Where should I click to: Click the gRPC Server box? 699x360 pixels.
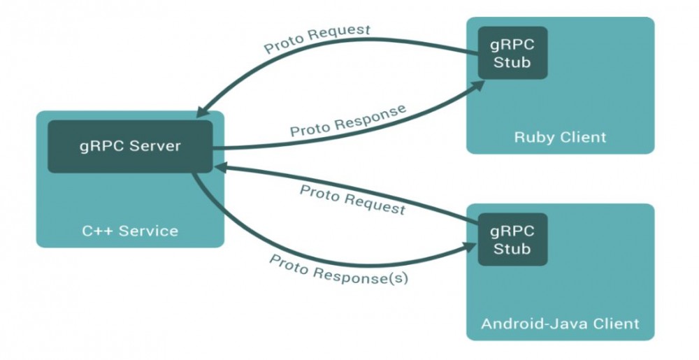coord(130,146)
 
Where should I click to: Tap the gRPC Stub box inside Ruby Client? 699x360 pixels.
coord(512,52)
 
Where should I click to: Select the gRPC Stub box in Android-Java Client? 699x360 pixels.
coord(512,239)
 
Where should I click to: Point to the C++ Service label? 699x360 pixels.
coord(130,231)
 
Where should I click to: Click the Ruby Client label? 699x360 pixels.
coord(560,136)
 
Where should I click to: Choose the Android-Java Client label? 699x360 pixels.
coord(560,324)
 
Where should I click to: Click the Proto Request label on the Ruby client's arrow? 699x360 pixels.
coord(317,40)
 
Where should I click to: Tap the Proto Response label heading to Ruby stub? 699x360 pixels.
coord(348,120)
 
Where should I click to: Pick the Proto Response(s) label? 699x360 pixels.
coord(339,269)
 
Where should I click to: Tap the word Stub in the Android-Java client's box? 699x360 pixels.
coord(512,250)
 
